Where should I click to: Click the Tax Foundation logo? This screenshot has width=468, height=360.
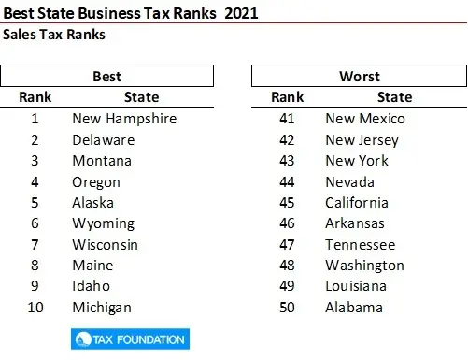(129, 338)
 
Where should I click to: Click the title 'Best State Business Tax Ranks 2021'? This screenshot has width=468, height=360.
(131, 13)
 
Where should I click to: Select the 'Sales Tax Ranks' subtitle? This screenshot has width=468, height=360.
(53, 35)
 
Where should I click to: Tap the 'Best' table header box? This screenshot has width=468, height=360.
(107, 76)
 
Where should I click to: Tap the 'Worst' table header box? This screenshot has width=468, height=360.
(360, 76)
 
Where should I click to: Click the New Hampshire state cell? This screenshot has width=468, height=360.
(123, 119)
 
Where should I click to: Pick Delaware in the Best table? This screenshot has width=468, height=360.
(103, 139)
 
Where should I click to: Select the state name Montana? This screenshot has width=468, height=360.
(102, 161)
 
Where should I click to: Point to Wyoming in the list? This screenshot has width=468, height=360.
(103, 223)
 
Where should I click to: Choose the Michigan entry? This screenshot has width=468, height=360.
(102, 307)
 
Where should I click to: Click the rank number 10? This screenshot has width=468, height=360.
(35, 307)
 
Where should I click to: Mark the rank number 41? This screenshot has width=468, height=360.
(288, 119)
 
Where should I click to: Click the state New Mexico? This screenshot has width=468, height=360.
(365, 119)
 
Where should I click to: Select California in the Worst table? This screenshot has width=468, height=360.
(356, 203)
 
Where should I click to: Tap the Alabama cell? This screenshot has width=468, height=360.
(354, 307)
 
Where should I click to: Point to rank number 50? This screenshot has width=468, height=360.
(288, 307)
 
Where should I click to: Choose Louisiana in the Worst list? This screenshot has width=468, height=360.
(357, 286)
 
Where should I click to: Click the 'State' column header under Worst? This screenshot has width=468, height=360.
(394, 97)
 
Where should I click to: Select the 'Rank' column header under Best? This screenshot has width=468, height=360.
(35, 97)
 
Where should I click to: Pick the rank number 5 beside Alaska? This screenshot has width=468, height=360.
(35, 203)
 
